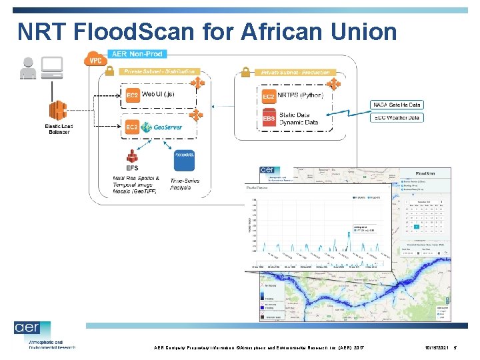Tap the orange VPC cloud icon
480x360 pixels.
(x=95, y=59)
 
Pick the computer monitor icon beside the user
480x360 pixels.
(x=53, y=66)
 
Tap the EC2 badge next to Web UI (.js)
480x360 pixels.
(x=132, y=95)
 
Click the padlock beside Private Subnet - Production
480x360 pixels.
(x=245, y=71)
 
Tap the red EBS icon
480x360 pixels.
(x=268, y=119)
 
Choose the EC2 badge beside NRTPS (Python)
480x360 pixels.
(x=268, y=97)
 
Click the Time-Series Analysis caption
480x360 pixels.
(x=185, y=185)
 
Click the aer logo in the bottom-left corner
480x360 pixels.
(x=31, y=329)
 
